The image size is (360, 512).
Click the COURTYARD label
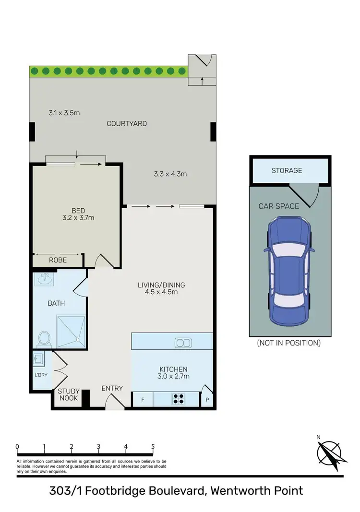[127, 123]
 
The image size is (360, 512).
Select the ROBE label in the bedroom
[58, 260]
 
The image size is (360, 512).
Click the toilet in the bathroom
[44, 339]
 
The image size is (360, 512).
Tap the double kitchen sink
[183, 343]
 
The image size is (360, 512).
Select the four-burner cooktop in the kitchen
[179, 399]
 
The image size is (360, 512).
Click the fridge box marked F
[142, 399]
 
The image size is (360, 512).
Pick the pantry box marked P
[207, 399]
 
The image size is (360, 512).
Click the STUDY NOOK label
[68, 394]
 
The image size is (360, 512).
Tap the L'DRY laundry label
[41, 375]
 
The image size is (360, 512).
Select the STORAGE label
[287, 170]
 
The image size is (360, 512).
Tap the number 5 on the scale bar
[153, 446]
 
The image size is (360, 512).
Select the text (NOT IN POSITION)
[288, 343]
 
